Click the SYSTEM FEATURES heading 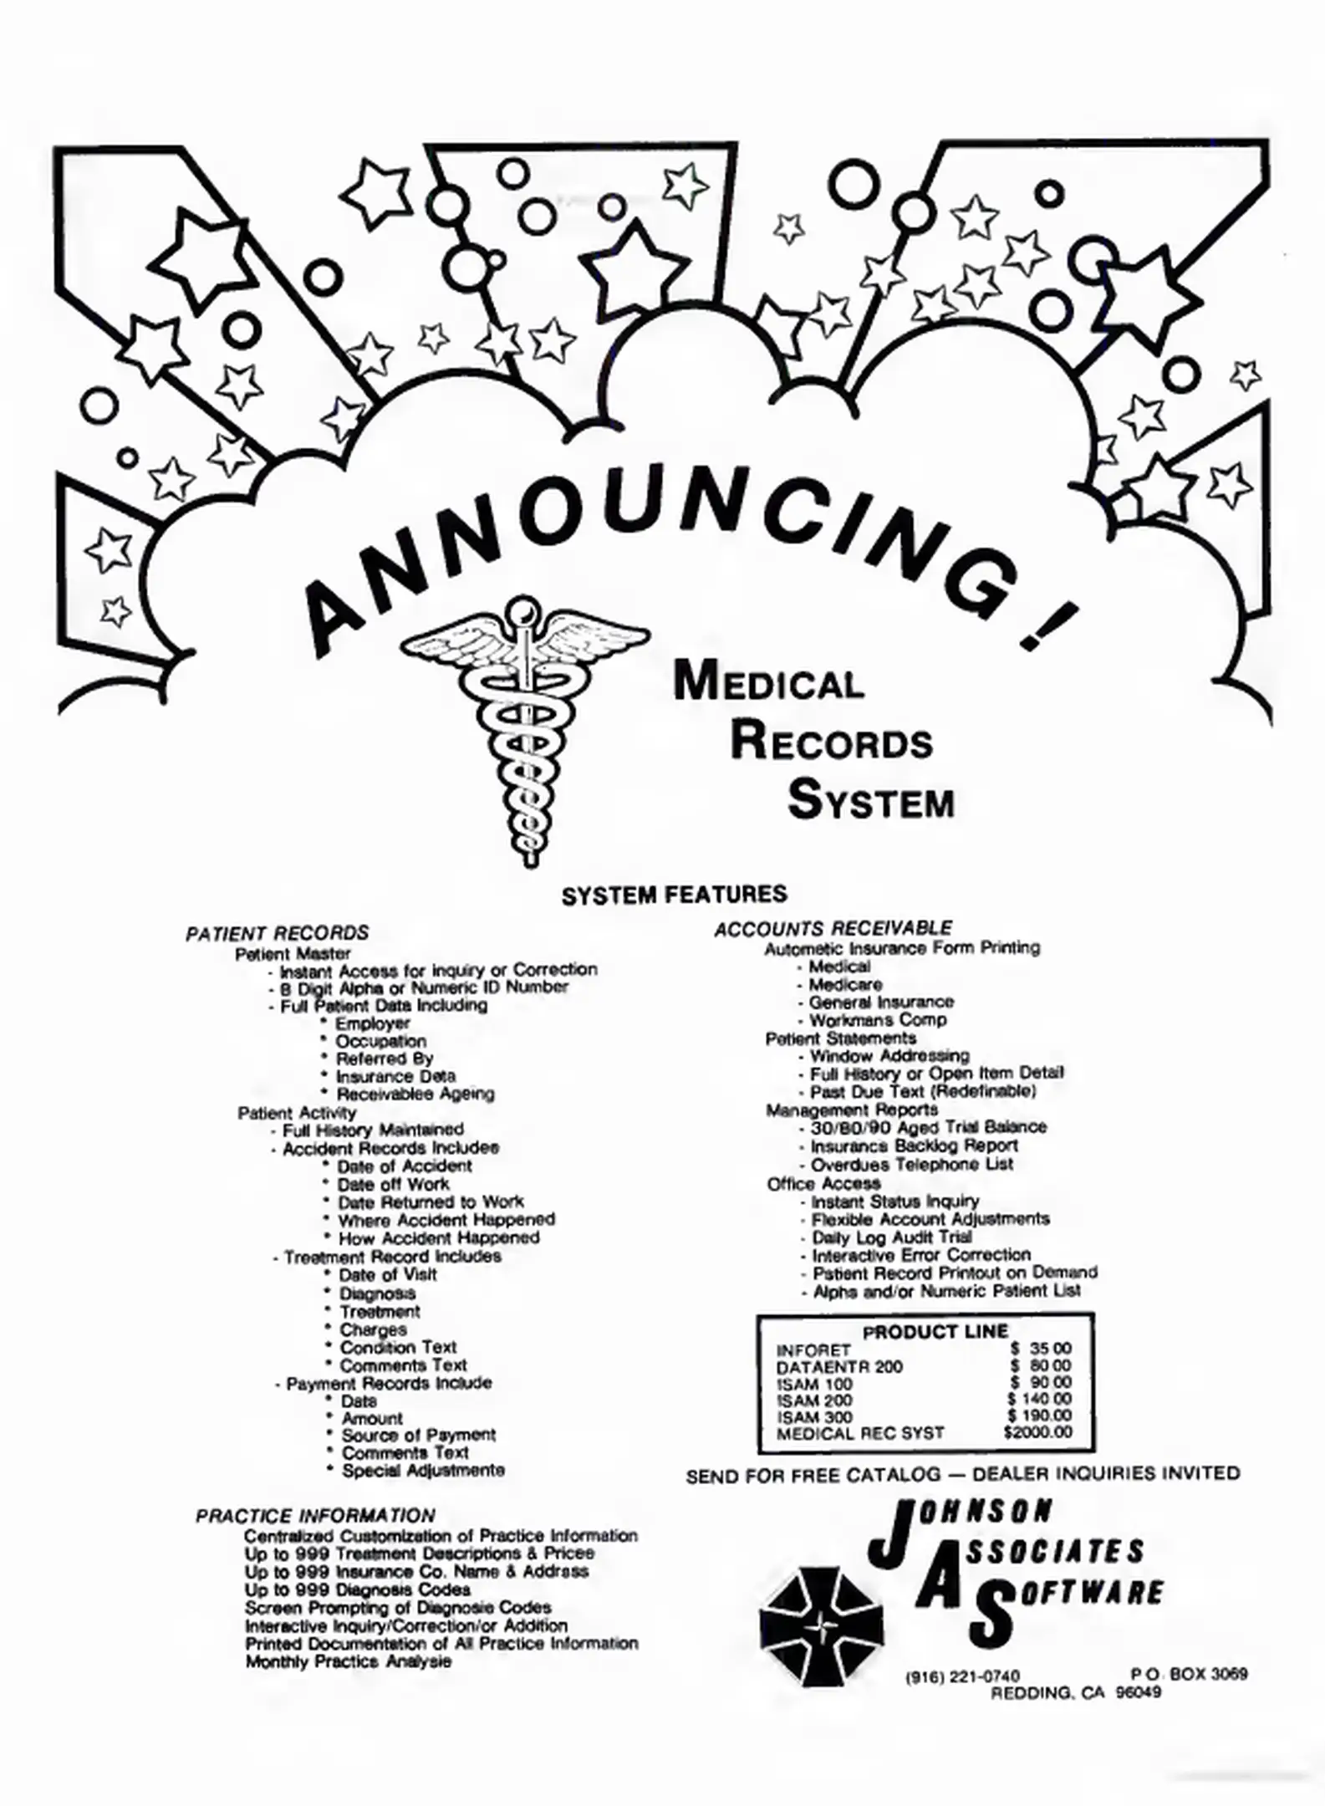point(674,895)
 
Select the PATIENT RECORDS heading point(277,933)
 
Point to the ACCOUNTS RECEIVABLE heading point(833,928)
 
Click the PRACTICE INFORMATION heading point(315,1516)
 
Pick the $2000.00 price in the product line point(1037,1432)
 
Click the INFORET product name point(813,1350)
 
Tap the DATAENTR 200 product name point(828,1367)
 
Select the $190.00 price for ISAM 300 point(1039,1416)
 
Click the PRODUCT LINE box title point(935,1332)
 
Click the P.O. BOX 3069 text point(1188,1674)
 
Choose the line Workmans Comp point(878,1020)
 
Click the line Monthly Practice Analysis point(348,1661)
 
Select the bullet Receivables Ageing point(415,1094)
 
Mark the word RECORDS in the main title point(831,742)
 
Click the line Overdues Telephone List point(911,1164)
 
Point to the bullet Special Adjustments point(422,1470)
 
